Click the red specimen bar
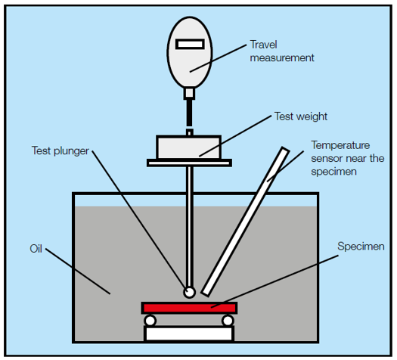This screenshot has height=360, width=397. [x=190, y=307]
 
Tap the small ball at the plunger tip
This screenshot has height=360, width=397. [x=188, y=291]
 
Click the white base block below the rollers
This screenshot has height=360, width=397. [x=189, y=333]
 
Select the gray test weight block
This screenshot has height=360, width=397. [x=188, y=147]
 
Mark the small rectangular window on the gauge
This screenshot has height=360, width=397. [x=189, y=45]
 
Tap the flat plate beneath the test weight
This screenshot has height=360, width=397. [x=189, y=162]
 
